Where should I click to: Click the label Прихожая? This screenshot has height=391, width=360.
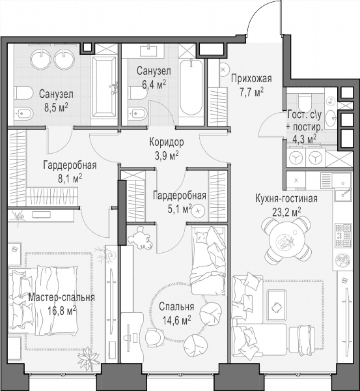click(251, 79)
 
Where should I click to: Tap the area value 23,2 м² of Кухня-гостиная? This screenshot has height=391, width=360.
click(286, 212)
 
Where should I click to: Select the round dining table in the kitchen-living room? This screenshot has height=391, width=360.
click(286, 240)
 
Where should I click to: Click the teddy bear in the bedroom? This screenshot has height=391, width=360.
click(140, 238)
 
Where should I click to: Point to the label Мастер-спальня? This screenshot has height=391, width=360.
click(62, 298)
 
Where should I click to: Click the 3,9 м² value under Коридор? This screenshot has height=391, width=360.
click(167, 156)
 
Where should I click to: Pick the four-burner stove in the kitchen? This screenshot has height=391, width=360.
click(343, 235)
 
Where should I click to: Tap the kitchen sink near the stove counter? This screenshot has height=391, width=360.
click(344, 195)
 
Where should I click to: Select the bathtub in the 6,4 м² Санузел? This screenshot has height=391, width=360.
click(191, 87)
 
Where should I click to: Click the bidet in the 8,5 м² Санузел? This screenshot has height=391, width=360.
click(23, 114)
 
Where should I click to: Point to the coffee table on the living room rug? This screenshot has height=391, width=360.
click(276, 306)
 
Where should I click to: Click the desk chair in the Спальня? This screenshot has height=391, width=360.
click(155, 336)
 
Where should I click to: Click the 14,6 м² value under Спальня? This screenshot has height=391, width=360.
click(176, 320)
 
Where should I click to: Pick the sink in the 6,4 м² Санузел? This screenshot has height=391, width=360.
click(148, 51)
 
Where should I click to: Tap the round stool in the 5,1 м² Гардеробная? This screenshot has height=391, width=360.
click(198, 211)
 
